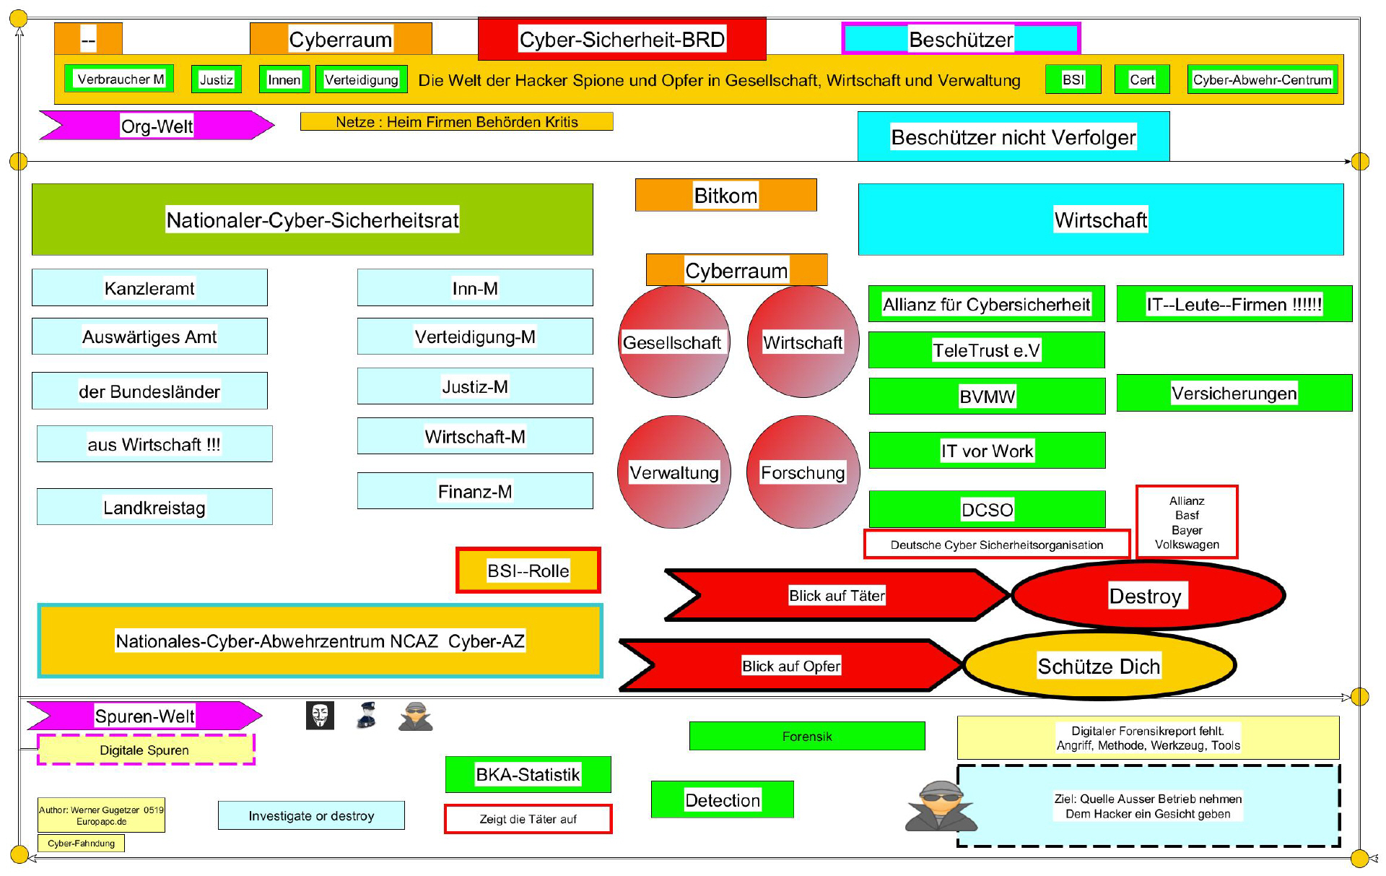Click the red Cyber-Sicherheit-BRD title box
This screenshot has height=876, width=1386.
(622, 39)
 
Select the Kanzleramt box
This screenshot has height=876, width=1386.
(149, 288)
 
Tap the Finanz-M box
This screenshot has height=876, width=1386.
(474, 491)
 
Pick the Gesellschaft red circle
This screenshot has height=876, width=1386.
(673, 342)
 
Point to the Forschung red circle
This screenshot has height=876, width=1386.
(803, 472)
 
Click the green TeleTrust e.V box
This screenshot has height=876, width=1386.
(986, 350)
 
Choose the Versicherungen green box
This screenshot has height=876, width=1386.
(1234, 393)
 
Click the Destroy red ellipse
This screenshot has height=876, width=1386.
(1148, 596)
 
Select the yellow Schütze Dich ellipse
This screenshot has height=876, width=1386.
(1099, 666)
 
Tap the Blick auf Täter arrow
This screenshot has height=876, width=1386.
(836, 596)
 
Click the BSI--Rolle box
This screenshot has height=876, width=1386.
(528, 571)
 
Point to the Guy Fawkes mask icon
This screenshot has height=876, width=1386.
(320, 716)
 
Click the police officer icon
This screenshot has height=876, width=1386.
(367, 716)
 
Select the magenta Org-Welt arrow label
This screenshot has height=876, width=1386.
(157, 126)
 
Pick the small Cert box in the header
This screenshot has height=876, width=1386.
(1141, 79)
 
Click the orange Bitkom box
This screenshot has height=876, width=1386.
(725, 195)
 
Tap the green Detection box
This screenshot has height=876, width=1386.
(722, 799)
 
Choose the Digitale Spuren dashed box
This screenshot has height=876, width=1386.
(145, 750)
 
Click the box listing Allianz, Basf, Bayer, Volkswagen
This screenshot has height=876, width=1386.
(1187, 522)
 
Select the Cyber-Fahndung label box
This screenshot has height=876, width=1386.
(81, 843)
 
